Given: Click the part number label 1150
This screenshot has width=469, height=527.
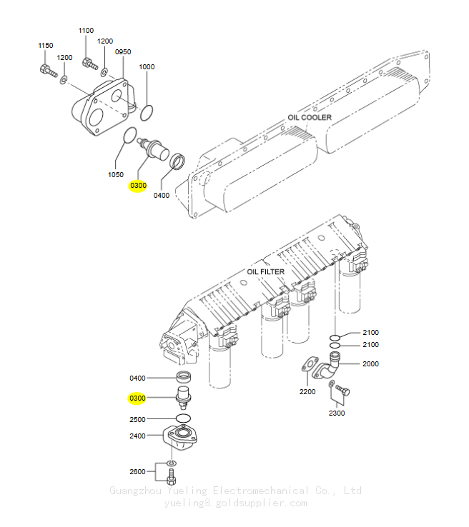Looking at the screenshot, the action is pos(46,46).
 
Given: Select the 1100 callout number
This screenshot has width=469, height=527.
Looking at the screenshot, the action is pos(86,31).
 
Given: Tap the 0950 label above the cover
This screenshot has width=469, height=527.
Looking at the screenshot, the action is pos(123,51).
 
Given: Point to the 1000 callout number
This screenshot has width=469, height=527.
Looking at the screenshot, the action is pos(147,67).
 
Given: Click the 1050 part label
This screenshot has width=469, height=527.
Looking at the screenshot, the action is pos(115,174).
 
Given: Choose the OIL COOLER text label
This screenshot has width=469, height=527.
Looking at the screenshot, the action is pos(310,117).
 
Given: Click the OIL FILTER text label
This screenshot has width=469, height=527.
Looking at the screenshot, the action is pos(265,271).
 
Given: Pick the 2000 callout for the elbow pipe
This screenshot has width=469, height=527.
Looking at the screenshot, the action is pos(370,363).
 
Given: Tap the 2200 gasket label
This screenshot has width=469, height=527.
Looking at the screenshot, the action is pos(307,391).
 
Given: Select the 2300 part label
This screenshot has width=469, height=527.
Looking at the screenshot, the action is pos(337,413).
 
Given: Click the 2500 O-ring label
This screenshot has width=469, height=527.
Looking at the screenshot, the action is pos(137,419).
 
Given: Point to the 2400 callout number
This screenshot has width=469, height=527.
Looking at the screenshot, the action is pos(137,436).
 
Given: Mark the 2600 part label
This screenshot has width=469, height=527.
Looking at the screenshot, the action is pos(137,471).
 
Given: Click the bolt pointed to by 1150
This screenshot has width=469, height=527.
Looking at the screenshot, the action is pos(49,71).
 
